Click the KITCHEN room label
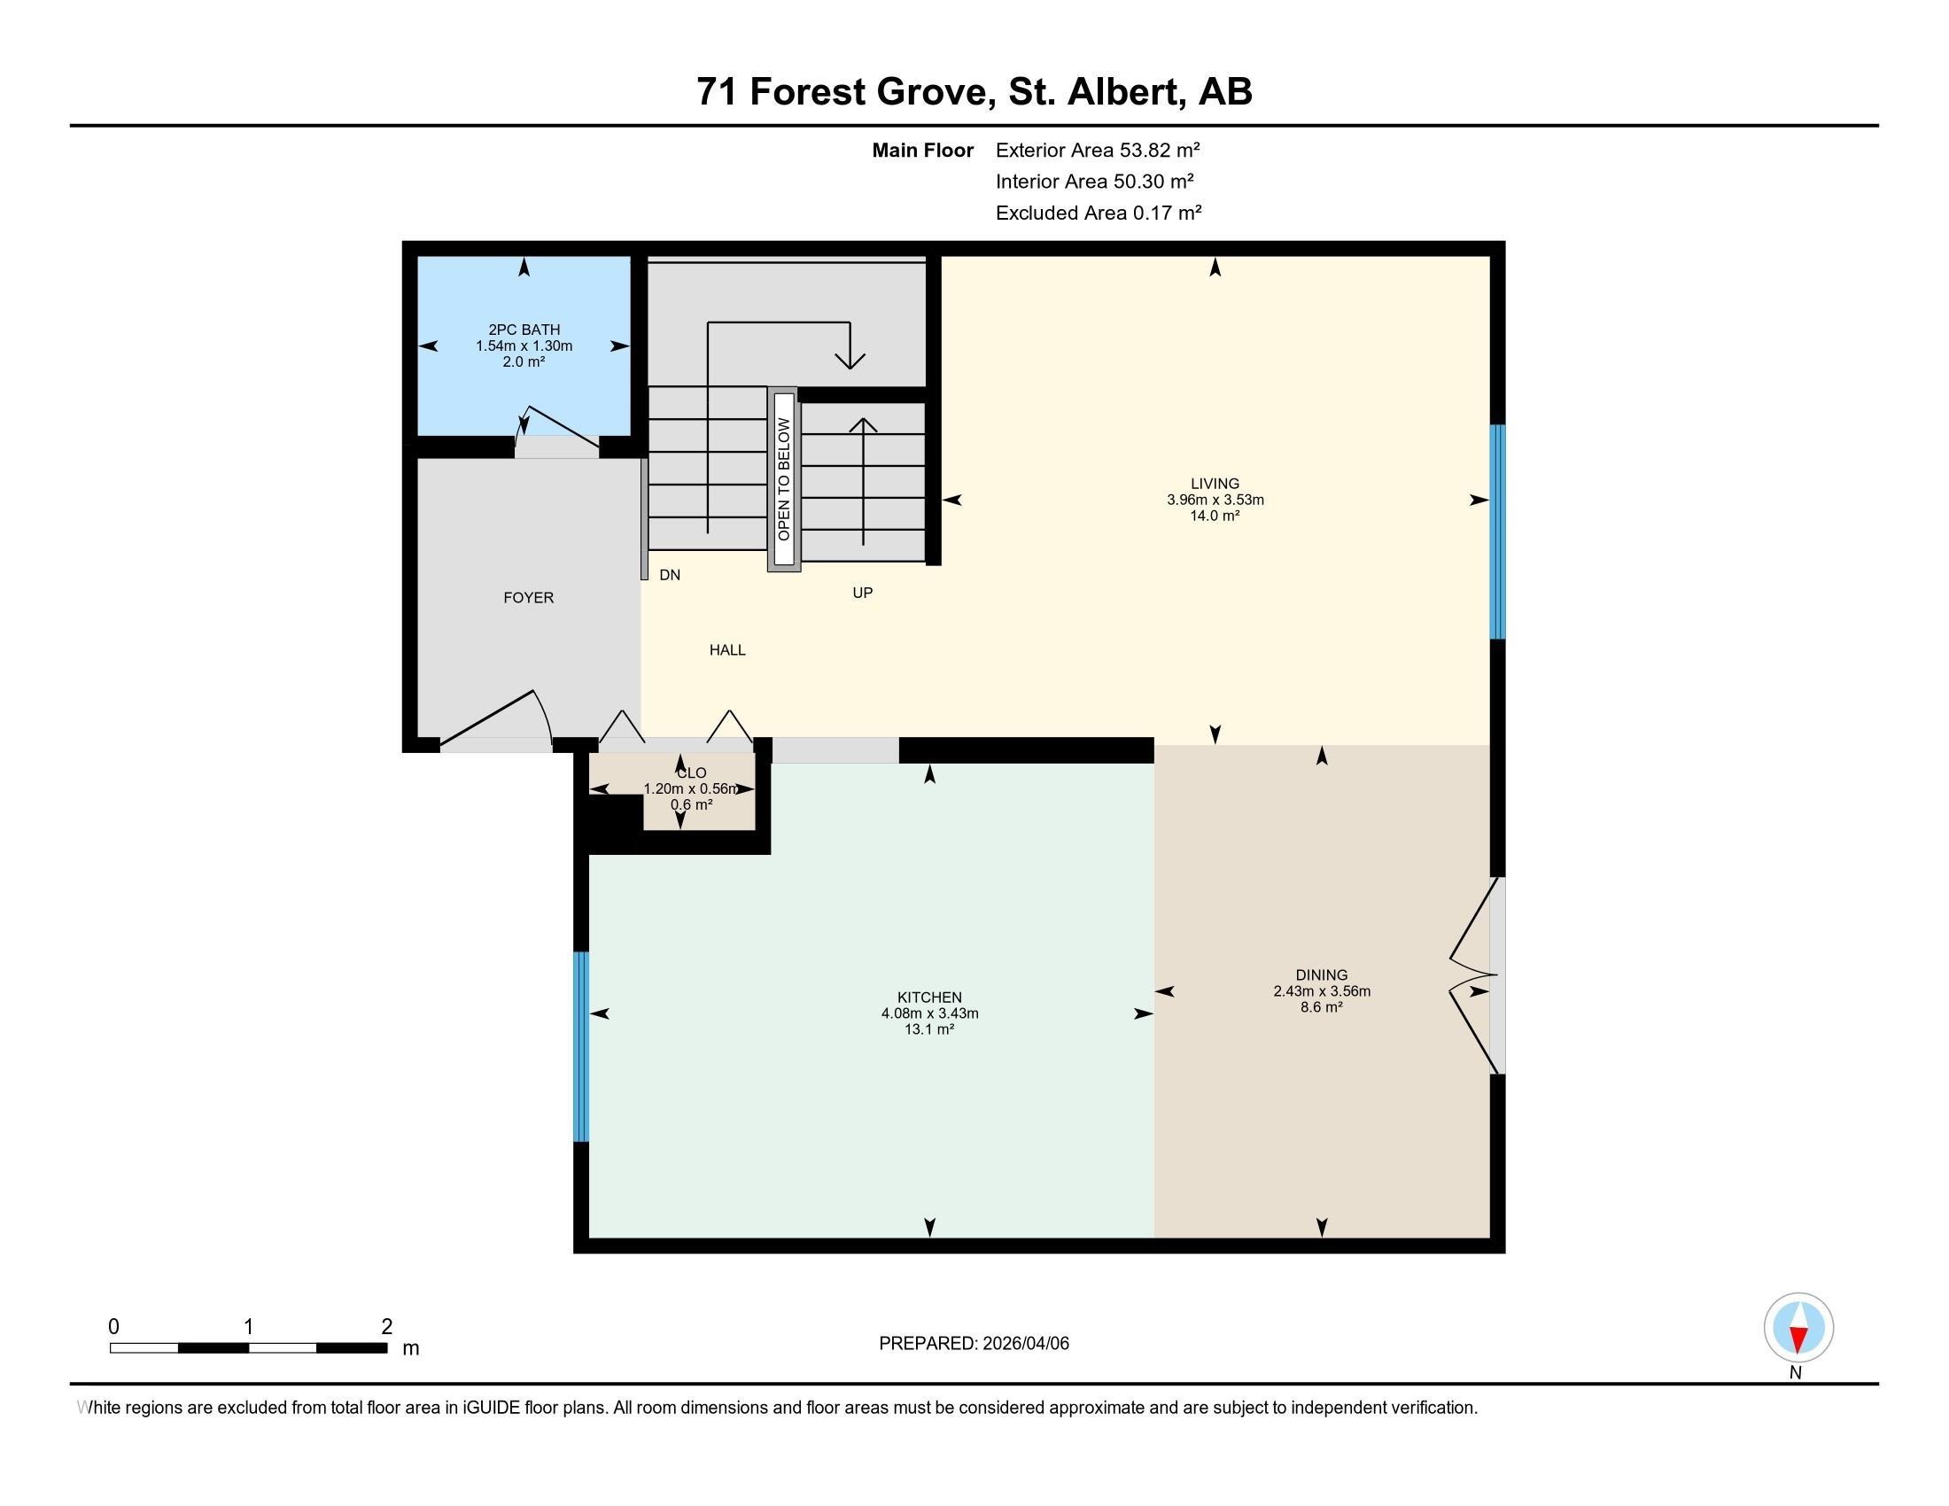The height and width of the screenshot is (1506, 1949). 929,998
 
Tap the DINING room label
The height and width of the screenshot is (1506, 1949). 1321,975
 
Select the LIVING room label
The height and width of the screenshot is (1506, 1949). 1215,484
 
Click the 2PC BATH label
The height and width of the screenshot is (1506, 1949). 524,330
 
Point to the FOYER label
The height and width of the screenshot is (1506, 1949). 528,598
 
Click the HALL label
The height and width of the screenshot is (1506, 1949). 727,650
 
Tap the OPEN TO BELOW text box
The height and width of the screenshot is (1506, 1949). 783,479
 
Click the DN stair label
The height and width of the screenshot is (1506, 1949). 669,576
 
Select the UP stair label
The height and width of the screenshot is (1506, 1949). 862,593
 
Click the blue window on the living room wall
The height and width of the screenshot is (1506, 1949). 1497,532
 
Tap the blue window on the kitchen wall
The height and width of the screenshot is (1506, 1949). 581,1046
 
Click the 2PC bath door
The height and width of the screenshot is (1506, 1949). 558,428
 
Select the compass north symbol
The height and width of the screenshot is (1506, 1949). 1798,1328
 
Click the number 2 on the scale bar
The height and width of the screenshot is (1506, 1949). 386,1327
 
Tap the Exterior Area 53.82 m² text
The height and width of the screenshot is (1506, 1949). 1097,150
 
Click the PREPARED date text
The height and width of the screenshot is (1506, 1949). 974,1344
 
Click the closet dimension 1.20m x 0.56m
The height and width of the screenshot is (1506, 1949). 691,788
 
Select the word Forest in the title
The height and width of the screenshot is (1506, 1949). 808,92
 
